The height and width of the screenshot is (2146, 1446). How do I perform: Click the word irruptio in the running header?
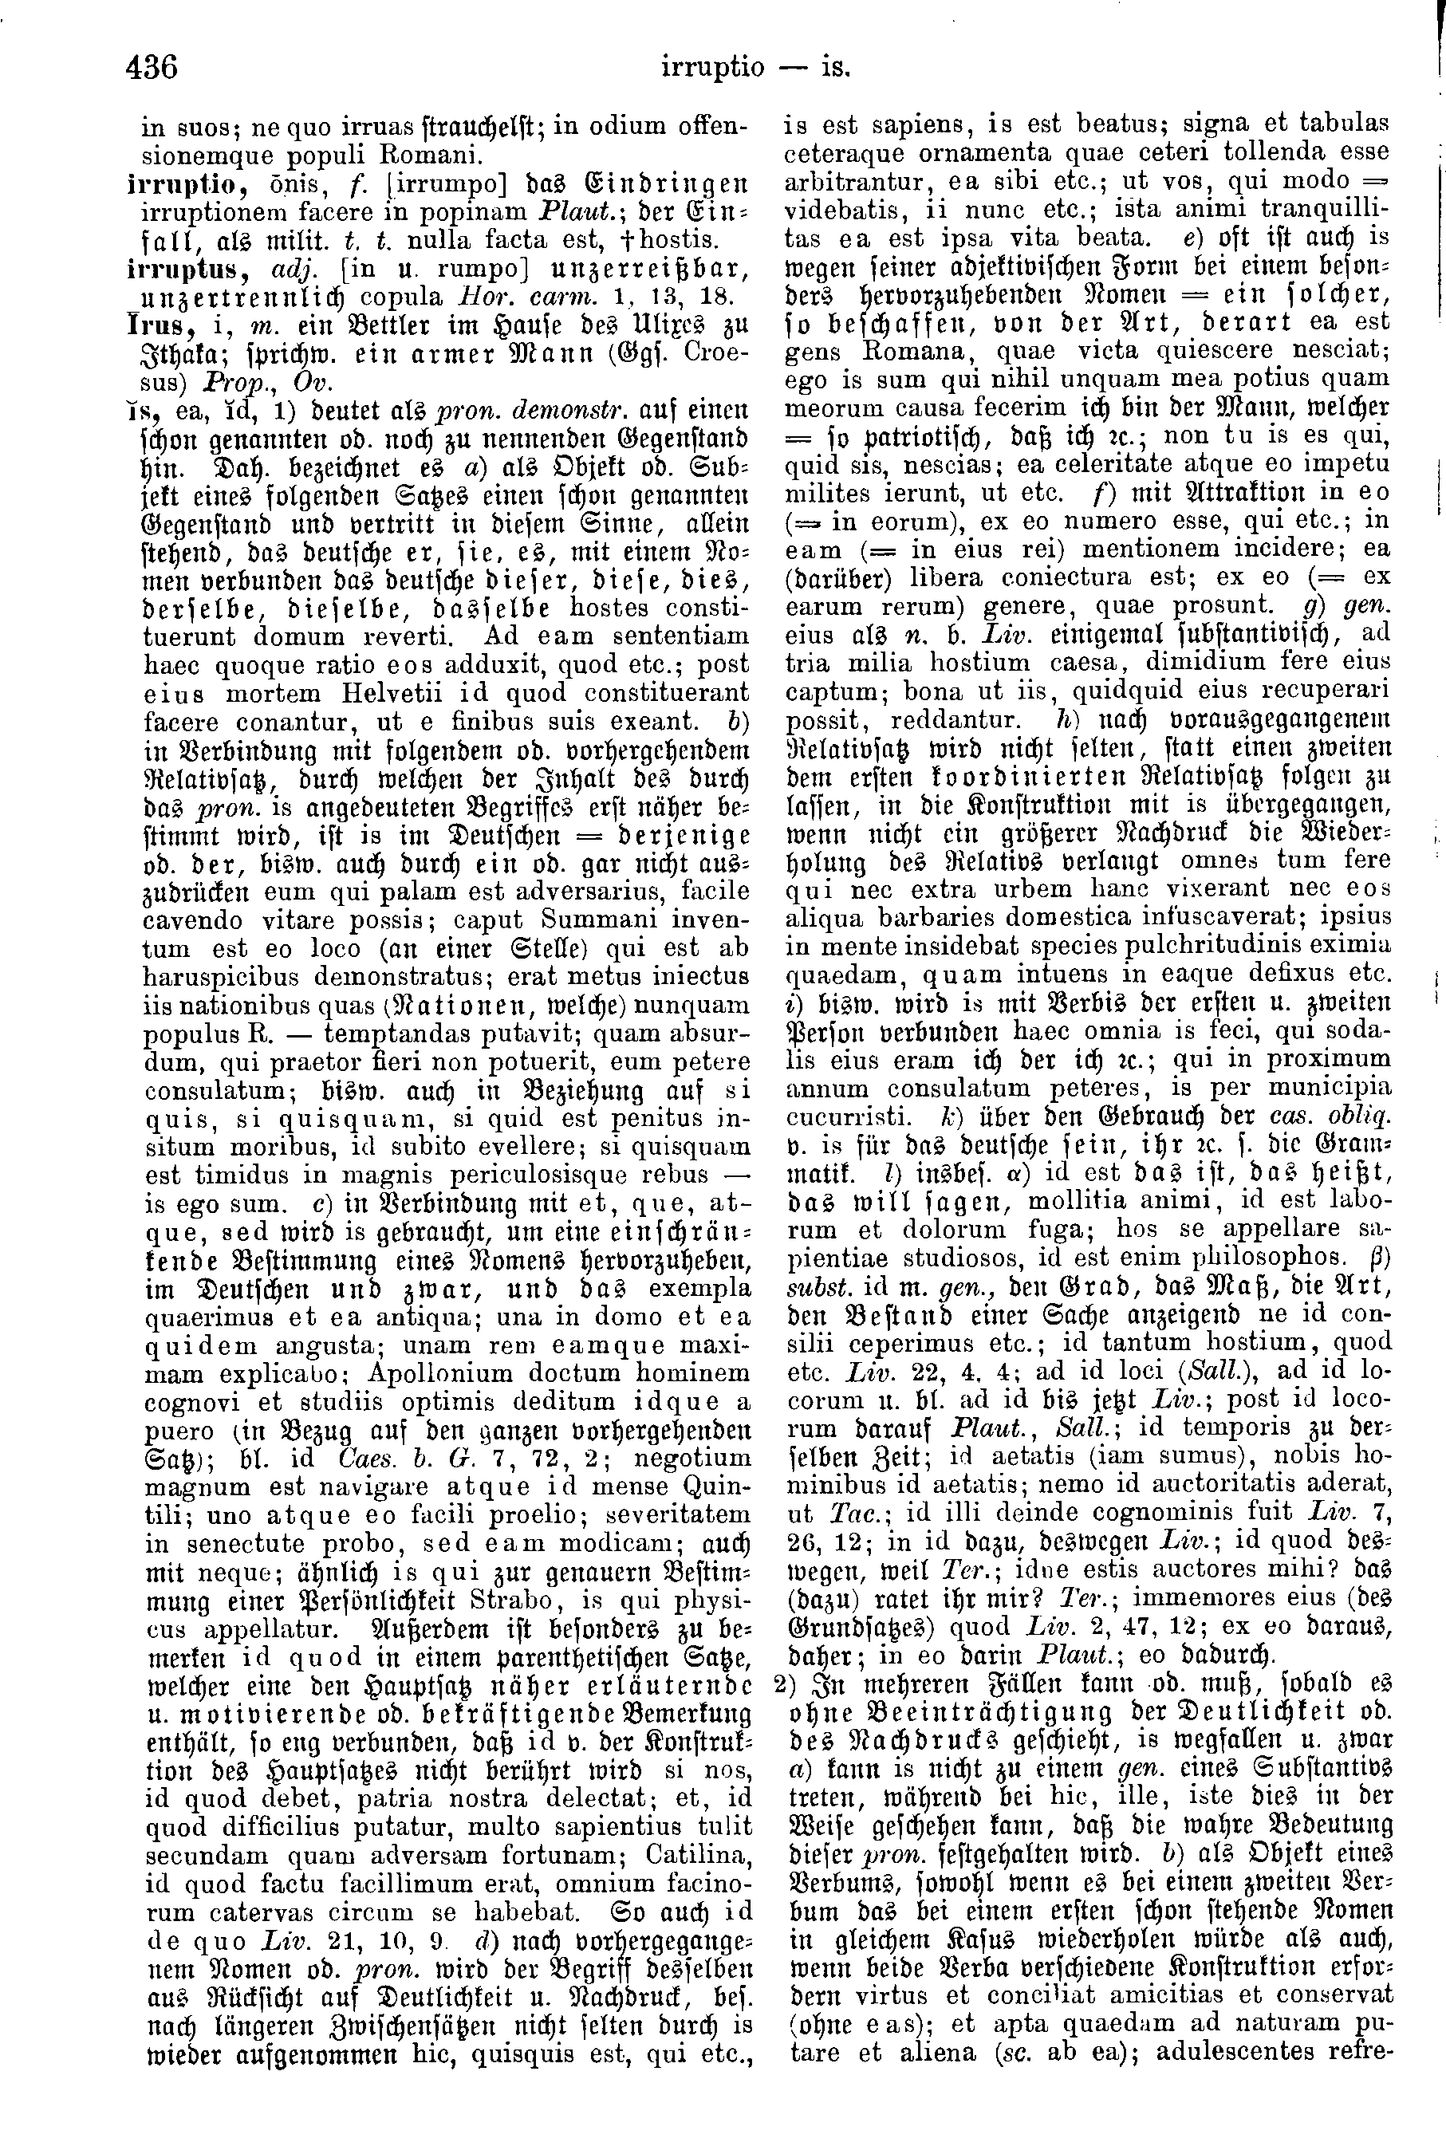point(713,69)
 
